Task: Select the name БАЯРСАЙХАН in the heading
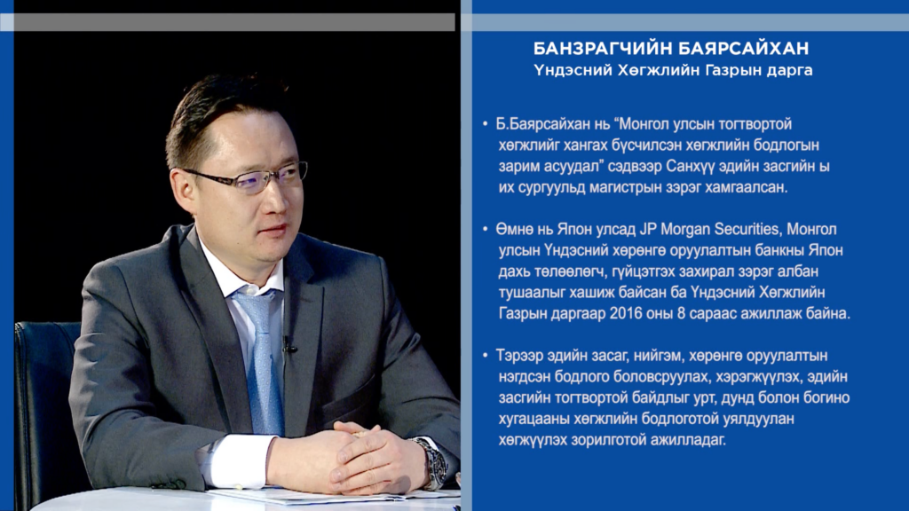click(745, 48)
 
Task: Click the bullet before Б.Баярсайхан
click(486, 124)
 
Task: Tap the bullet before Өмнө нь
click(486, 230)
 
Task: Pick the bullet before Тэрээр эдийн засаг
click(486, 355)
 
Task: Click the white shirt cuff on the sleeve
click(239, 460)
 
